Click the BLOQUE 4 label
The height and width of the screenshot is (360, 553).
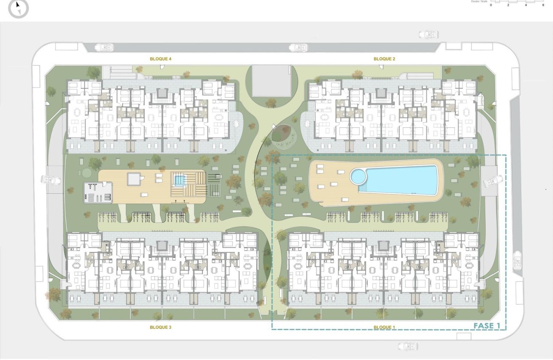(x=161, y=59)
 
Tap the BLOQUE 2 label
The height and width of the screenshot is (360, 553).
(x=385, y=59)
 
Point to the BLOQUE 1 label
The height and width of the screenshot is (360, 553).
(x=385, y=327)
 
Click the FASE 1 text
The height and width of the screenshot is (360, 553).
(x=487, y=326)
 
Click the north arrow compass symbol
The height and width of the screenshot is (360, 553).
(x=18, y=8)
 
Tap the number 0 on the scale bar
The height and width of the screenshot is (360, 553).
(x=491, y=5)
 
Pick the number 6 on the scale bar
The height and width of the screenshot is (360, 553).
(x=543, y=5)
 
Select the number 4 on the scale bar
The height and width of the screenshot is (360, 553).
(x=526, y=5)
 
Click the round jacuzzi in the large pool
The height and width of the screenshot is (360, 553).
(x=358, y=175)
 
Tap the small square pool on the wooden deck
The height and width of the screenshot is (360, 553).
(x=179, y=180)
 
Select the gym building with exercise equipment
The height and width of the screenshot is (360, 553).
(x=98, y=192)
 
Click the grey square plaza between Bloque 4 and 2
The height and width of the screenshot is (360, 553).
(x=271, y=81)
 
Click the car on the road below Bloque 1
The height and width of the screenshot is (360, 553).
(x=408, y=346)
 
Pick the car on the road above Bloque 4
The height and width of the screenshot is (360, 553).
(x=104, y=47)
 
